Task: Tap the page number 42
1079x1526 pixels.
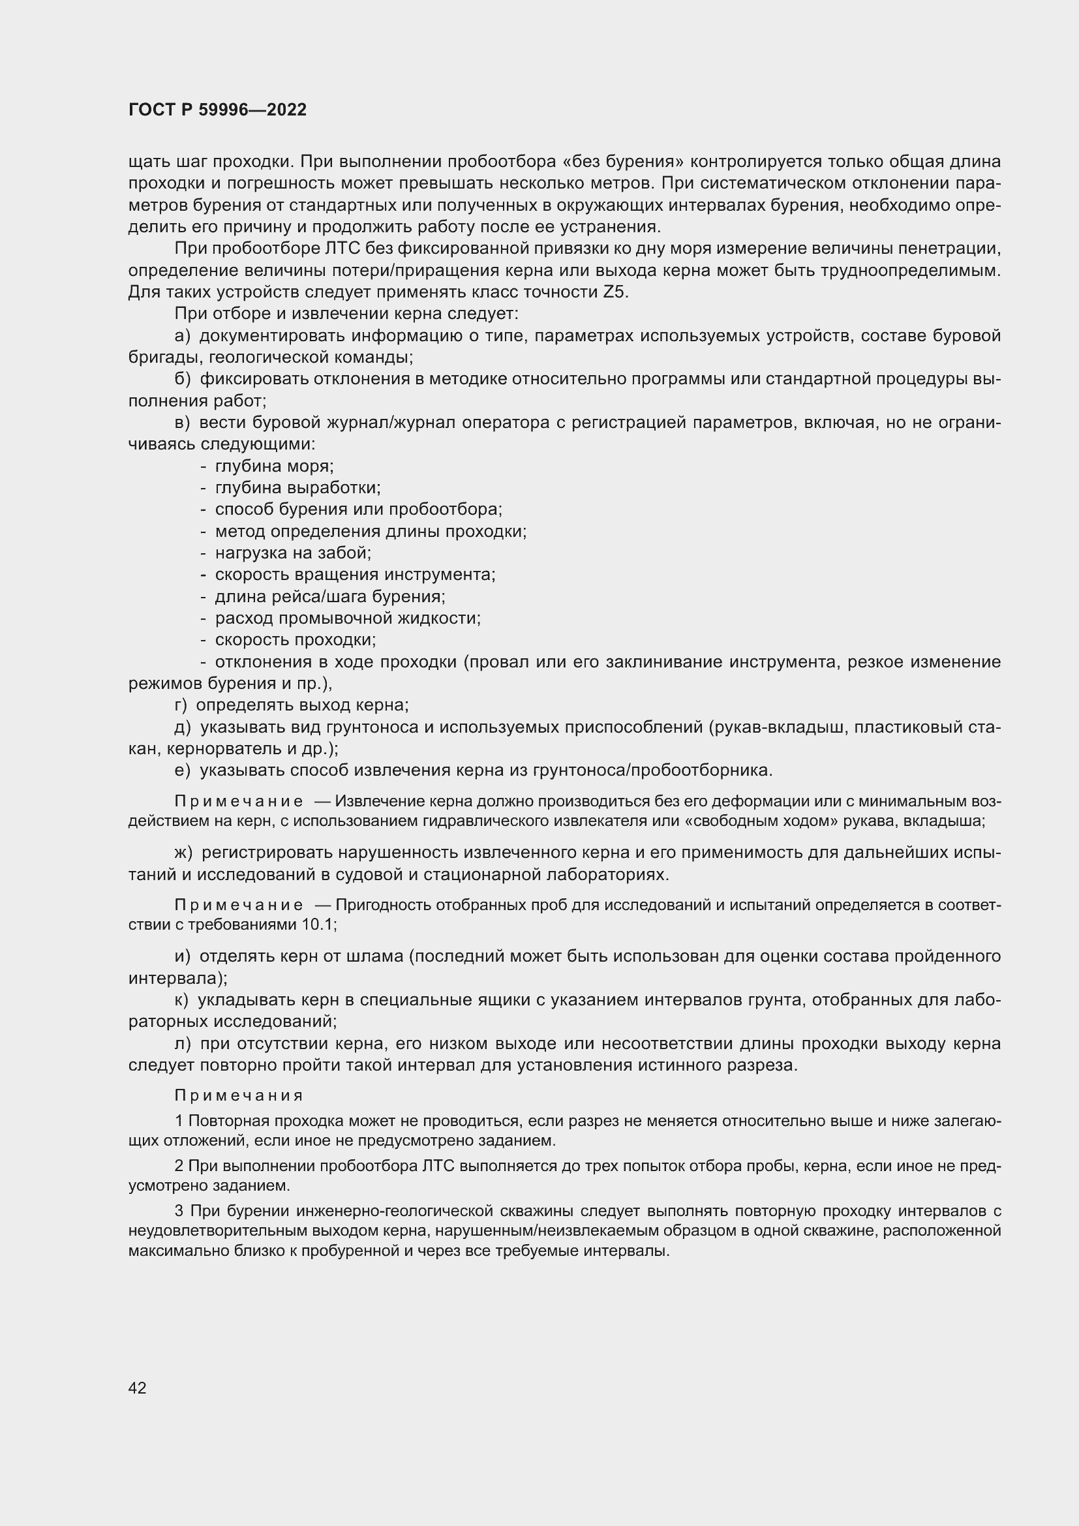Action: pyautogui.click(x=137, y=1388)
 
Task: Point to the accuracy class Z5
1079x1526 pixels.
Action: pyautogui.click(x=615, y=292)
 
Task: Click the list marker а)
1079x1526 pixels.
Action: pyautogui.click(x=182, y=335)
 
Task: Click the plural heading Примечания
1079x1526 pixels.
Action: pyautogui.click(x=239, y=1095)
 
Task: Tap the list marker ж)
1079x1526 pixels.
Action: pyautogui.click(x=183, y=853)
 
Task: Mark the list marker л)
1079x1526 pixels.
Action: pyautogui.click(x=183, y=1043)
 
